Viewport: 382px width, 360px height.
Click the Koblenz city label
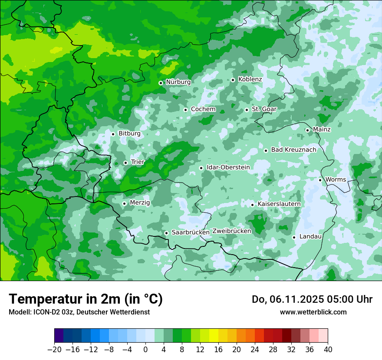pos(250,79)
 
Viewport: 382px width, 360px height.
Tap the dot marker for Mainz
pos(307,130)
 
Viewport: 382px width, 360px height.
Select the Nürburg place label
pos(178,82)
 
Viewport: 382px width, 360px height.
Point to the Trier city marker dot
pos(125,163)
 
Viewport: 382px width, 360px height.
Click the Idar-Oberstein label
pos(228,167)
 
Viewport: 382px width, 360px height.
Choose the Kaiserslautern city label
pos(279,204)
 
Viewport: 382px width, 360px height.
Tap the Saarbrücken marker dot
pos(166,233)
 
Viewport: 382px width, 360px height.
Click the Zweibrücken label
pos(231,231)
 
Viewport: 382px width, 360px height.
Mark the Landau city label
pos(310,236)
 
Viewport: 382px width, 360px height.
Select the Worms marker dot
pos(320,180)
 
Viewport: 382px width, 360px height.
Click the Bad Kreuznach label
pos(293,150)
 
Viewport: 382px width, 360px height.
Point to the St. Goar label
pos(264,109)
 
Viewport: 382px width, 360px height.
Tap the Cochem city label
pos(203,109)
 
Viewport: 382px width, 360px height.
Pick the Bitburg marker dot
pos(113,134)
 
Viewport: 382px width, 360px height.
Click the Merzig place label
pos(140,203)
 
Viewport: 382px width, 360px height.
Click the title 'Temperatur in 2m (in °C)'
pos(86,299)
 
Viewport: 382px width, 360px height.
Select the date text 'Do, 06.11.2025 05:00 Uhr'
pos(312,299)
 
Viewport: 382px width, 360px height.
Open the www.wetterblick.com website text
pos(313,312)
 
